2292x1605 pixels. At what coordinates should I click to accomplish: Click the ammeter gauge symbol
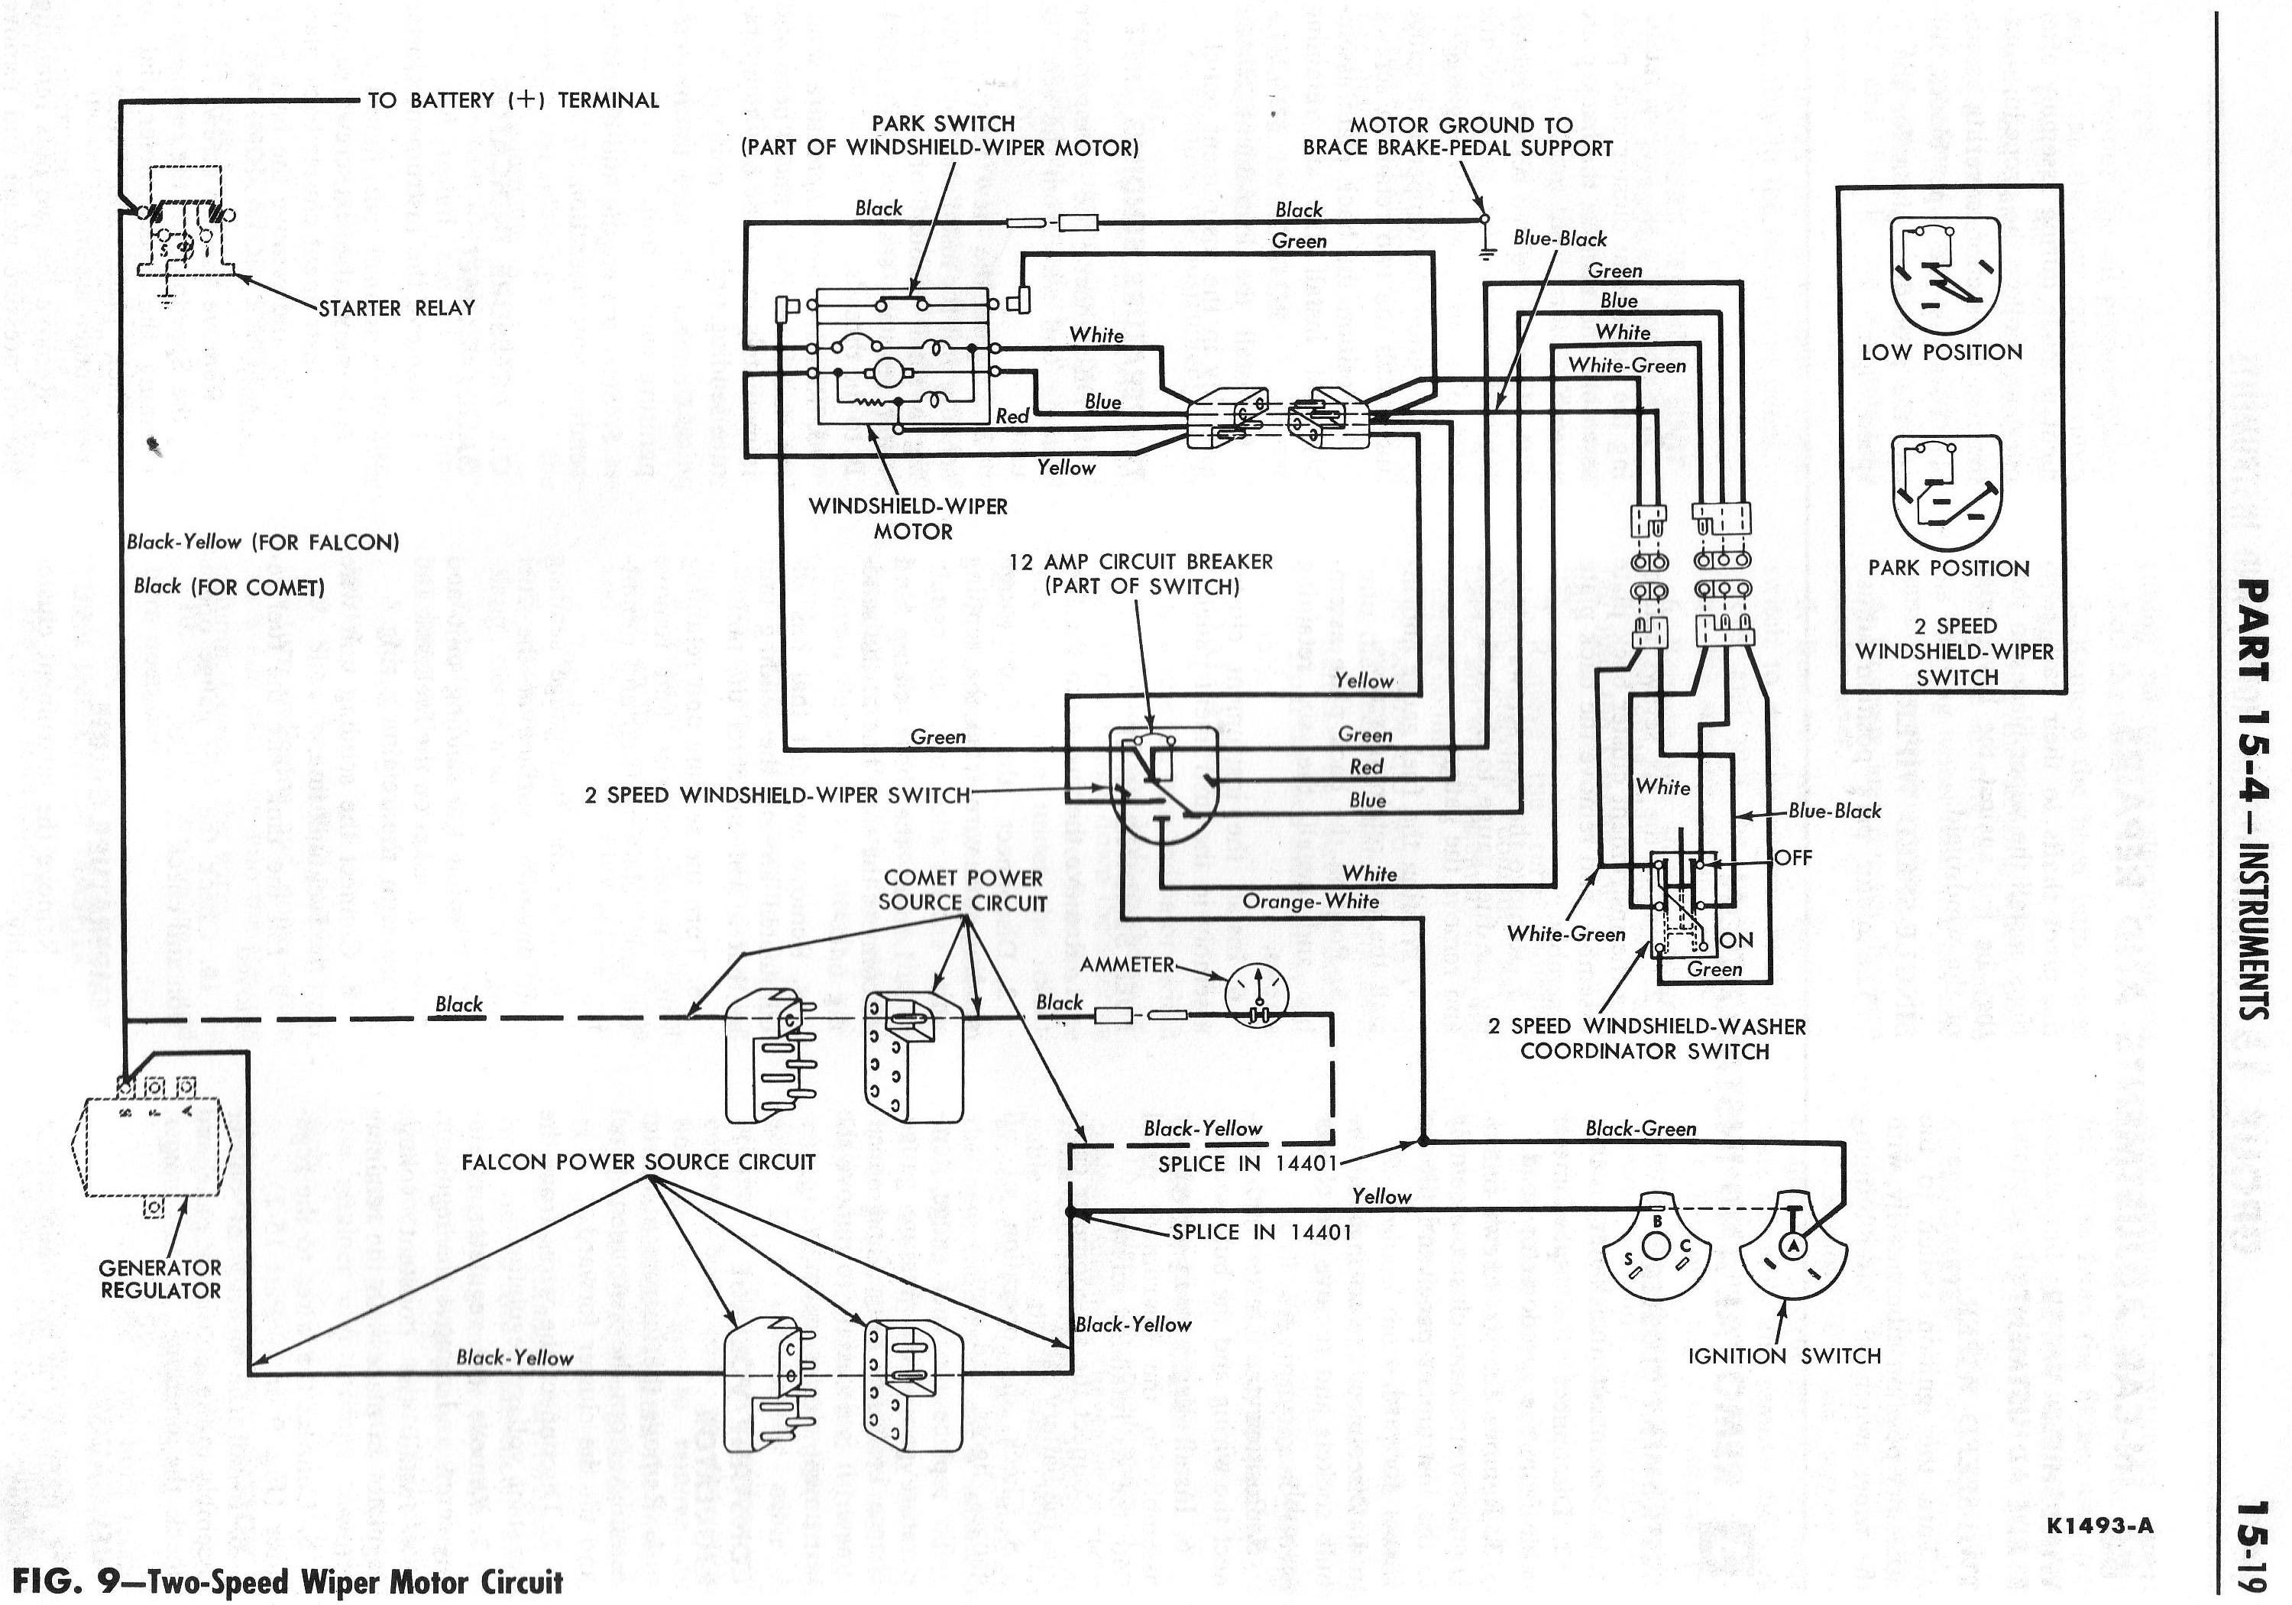(1257, 995)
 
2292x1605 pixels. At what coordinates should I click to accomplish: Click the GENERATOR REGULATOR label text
(160, 1279)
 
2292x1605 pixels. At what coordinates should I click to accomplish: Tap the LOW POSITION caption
(1941, 352)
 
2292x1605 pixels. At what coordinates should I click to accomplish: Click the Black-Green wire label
(1640, 1129)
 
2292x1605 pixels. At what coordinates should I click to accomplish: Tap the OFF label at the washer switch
(1793, 857)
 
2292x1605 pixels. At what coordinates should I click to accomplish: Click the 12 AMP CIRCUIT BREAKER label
(1141, 573)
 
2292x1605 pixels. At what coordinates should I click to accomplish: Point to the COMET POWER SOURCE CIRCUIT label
(963, 890)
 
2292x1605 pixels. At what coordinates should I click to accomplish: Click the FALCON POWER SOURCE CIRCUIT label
(638, 1162)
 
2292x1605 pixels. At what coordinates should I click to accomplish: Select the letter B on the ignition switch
(1657, 1221)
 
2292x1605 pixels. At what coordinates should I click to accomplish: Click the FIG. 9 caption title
(287, 1582)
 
